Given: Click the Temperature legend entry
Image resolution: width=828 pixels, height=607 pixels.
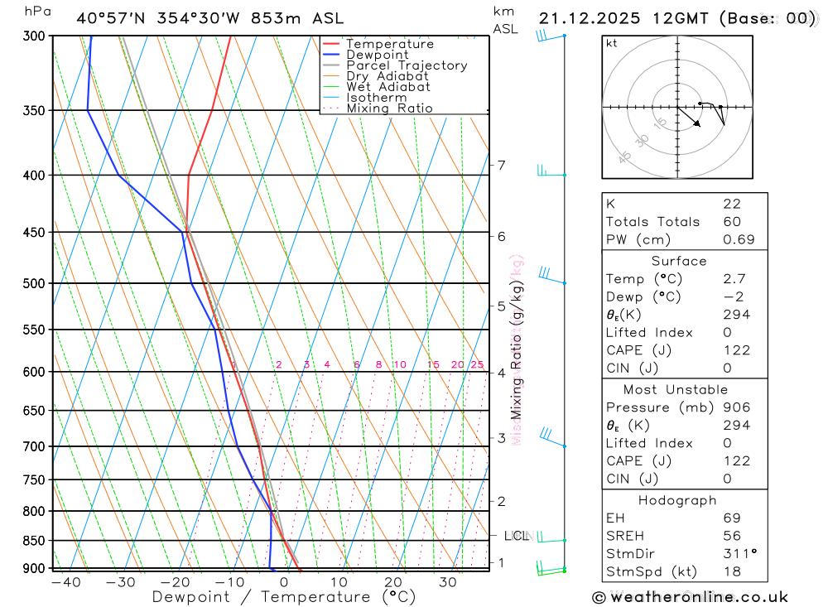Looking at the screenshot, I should pyautogui.click(x=389, y=45).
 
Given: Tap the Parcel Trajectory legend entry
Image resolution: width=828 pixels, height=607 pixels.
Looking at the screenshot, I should pyautogui.click(x=407, y=65).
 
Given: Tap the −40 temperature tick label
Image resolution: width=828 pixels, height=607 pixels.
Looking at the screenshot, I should pyautogui.click(x=65, y=583).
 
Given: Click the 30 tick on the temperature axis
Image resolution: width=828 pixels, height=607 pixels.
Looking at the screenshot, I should pyautogui.click(x=448, y=583).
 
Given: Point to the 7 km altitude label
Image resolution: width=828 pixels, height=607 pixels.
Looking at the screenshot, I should pyautogui.click(x=502, y=165).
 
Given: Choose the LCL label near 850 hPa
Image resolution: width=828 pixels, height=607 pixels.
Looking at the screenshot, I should pyautogui.click(x=517, y=536).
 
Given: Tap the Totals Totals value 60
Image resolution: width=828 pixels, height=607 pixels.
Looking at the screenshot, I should pyautogui.click(x=731, y=222).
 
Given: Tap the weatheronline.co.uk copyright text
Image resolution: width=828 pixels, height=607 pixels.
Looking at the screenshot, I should pyautogui.click(x=690, y=597).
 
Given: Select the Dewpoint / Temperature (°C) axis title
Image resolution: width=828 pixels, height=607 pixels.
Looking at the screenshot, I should pyautogui.click(x=284, y=597).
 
